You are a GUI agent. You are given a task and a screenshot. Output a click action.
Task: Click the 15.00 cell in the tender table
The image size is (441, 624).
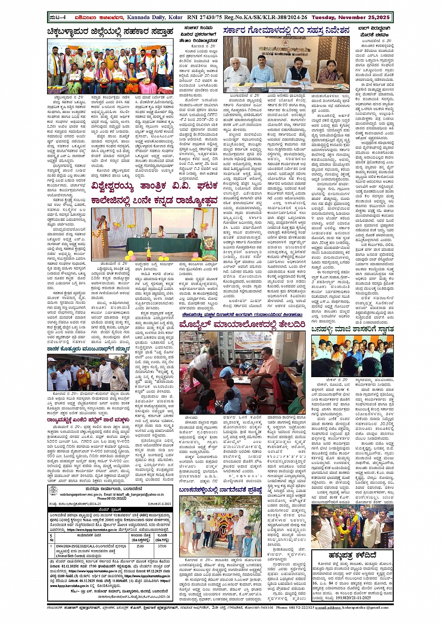coord(140,546)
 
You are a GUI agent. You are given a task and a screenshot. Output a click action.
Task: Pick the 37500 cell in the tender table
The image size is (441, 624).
coord(162,546)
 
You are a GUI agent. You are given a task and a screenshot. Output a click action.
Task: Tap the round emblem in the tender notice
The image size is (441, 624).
coord(54,491)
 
